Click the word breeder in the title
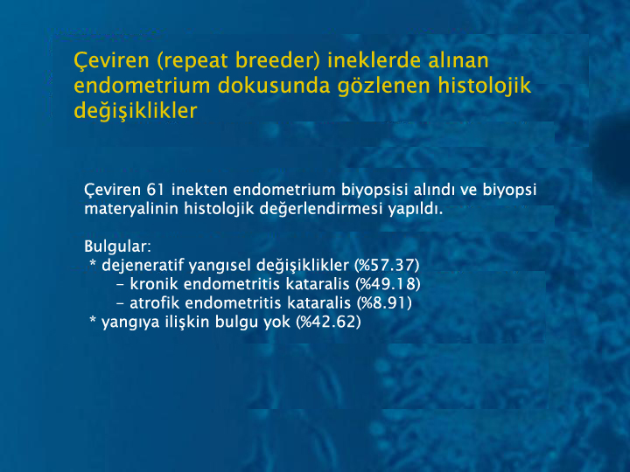(277, 60)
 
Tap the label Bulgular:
(118, 246)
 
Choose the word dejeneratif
(143, 266)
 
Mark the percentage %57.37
(387, 266)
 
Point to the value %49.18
(388, 284)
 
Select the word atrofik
(154, 303)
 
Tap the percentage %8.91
(384, 303)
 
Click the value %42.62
(328, 322)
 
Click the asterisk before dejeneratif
(94, 263)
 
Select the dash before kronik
(120, 285)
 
